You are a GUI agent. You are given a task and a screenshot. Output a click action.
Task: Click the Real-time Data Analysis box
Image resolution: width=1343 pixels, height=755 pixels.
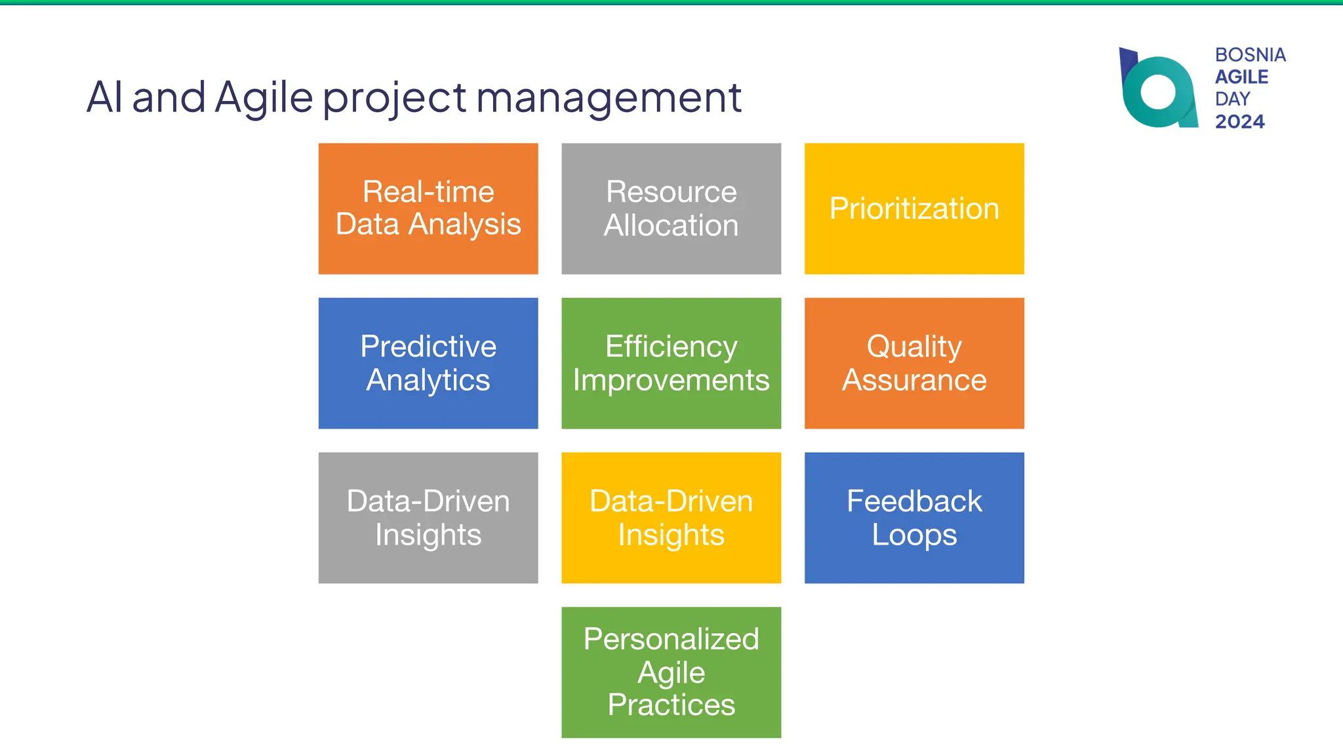(x=428, y=208)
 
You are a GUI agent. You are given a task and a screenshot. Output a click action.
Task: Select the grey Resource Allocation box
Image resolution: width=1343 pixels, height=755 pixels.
(x=671, y=208)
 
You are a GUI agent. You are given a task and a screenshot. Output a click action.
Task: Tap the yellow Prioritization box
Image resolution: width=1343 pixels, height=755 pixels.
(x=914, y=208)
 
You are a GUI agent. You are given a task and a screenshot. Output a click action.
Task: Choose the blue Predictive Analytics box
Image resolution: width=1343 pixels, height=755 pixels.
(x=428, y=363)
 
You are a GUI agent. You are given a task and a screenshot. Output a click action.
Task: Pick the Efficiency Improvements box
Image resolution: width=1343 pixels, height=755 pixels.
(x=671, y=363)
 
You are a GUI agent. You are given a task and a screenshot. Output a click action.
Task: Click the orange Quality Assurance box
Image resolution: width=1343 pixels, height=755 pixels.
(x=914, y=363)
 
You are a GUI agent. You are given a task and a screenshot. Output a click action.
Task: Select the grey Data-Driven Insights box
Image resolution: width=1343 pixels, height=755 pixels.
(x=428, y=518)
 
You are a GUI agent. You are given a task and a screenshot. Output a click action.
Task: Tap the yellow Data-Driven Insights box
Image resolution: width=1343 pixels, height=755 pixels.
(x=671, y=518)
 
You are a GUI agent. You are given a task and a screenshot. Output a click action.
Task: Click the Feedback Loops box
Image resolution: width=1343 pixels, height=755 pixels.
(x=914, y=518)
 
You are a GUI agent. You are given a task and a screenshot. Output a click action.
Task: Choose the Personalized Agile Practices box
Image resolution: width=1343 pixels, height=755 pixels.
(x=671, y=672)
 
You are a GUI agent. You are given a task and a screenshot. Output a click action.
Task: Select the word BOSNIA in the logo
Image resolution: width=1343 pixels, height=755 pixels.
(x=1250, y=54)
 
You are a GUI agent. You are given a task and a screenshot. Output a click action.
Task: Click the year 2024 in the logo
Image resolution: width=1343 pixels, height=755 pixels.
(x=1239, y=121)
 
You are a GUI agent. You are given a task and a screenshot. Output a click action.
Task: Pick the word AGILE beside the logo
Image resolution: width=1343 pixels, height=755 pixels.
(x=1241, y=77)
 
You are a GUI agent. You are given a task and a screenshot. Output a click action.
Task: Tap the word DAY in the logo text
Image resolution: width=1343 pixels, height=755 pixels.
(x=1232, y=99)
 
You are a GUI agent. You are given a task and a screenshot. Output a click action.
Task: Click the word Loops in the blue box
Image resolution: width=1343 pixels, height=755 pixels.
(x=914, y=535)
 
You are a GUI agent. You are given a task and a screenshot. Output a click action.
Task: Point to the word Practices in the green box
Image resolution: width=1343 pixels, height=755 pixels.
(x=671, y=705)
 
